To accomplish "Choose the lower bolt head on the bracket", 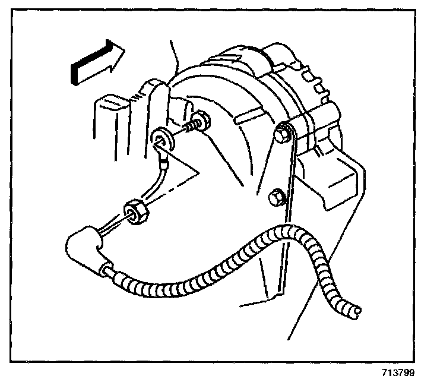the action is point(276,196).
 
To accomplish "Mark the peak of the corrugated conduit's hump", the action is point(291,230).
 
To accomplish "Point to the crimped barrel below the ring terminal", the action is point(164,156).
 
